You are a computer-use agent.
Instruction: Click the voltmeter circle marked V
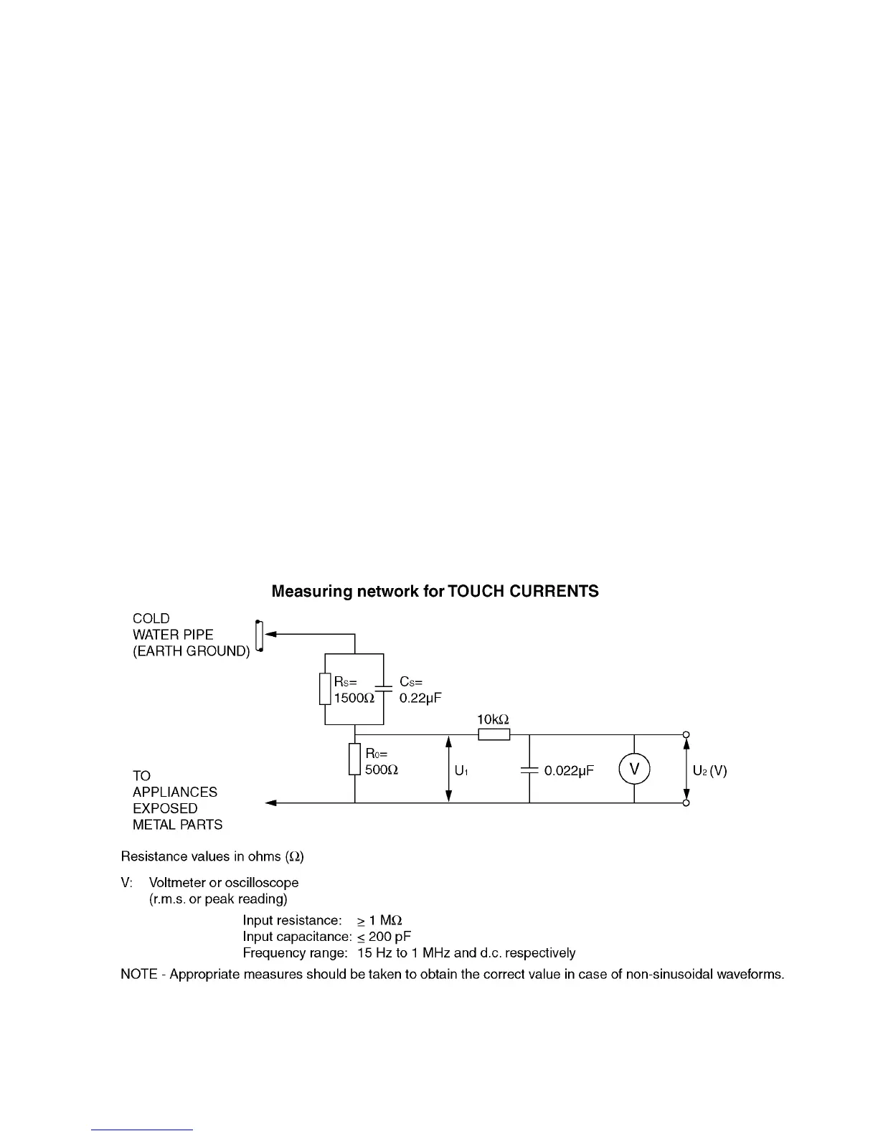(634, 770)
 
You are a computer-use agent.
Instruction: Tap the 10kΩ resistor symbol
(494, 734)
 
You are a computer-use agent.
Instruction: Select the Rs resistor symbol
(325, 689)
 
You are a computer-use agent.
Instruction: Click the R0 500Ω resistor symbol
(354, 759)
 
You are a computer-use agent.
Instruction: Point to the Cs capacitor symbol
(384, 688)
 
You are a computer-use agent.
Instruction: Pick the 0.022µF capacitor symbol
(529, 770)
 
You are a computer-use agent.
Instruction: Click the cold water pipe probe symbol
(259, 635)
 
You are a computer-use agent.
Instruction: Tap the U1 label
(461, 771)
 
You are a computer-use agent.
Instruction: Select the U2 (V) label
(709, 771)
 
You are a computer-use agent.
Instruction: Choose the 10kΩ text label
(493, 719)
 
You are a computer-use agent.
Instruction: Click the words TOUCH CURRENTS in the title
(522, 592)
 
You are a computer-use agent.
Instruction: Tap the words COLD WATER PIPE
(173, 627)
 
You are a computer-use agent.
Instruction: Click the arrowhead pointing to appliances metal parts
(270, 803)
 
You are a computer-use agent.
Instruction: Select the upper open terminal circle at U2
(686, 734)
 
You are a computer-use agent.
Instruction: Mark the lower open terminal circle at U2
(686, 803)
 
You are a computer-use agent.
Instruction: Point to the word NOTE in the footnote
(138, 975)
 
